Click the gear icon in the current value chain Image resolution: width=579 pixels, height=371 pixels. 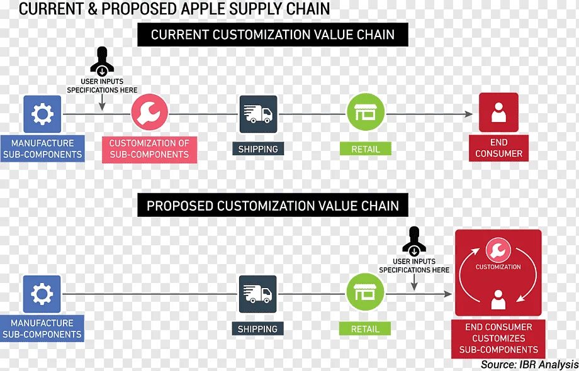pos(42,114)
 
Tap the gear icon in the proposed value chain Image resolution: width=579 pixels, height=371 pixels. pos(42,294)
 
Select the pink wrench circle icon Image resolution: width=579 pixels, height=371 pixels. pos(149,113)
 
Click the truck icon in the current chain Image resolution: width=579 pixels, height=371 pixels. pos(258,114)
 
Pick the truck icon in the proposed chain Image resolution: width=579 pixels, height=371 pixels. pos(257,294)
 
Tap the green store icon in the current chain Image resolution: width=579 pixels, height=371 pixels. pos(366,113)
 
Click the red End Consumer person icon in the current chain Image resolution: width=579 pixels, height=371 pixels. pos(498,113)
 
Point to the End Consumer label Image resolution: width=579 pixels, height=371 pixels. pos(498,148)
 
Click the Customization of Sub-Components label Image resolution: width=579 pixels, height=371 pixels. pos(149,148)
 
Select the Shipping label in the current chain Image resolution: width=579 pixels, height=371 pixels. pos(258,149)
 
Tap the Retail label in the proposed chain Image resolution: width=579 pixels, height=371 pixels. pos(365,329)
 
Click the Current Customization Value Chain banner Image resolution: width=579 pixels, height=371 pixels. pos(273,35)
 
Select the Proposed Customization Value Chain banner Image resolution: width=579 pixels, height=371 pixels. pos(273,206)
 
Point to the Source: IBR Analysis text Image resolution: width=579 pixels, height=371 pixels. pos(529,364)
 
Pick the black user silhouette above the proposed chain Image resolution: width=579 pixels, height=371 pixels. pos(414,240)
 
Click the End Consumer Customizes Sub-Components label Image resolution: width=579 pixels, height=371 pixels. pos(498,338)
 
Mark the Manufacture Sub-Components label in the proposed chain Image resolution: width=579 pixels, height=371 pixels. pos(42,329)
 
